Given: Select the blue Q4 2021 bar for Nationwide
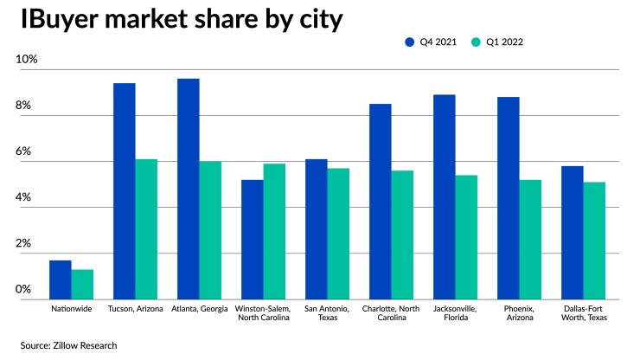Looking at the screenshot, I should pyautogui.click(x=61, y=280).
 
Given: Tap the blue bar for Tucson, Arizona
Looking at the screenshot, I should pyautogui.click(x=125, y=191).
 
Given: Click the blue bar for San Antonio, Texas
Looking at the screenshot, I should pyautogui.click(x=317, y=229).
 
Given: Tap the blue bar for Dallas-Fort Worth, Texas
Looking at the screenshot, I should pyautogui.click(x=573, y=233).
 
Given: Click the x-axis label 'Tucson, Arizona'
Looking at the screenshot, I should pyautogui.click(x=135, y=308).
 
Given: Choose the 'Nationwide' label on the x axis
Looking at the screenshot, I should pyautogui.click(x=71, y=308).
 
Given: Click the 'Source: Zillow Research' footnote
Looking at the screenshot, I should pyautogui.click(x=68, y=345).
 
